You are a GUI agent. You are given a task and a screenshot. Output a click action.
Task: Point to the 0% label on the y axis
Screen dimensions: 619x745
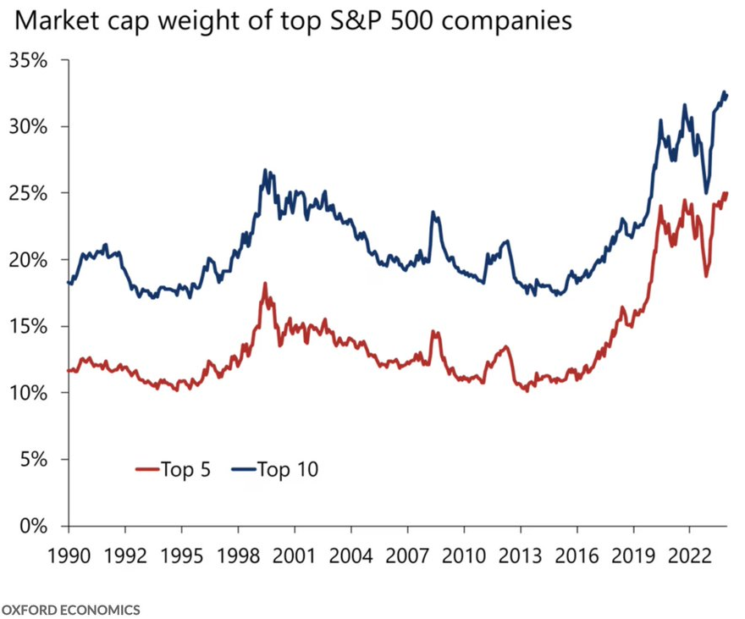pyautogui.click(x=34, y=526)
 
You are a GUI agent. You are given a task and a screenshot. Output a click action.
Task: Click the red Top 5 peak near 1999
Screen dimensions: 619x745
pyautogui.click(x=265, y=284)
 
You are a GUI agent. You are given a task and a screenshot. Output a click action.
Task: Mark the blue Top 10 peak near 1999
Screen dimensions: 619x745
pyautogui.click(x=265, y=170)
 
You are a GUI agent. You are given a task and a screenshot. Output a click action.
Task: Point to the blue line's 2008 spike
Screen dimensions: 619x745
pyautogui.click(x=433, y=213)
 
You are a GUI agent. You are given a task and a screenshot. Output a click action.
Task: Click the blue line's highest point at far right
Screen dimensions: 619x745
pyautogui.click(x=724, y=91)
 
